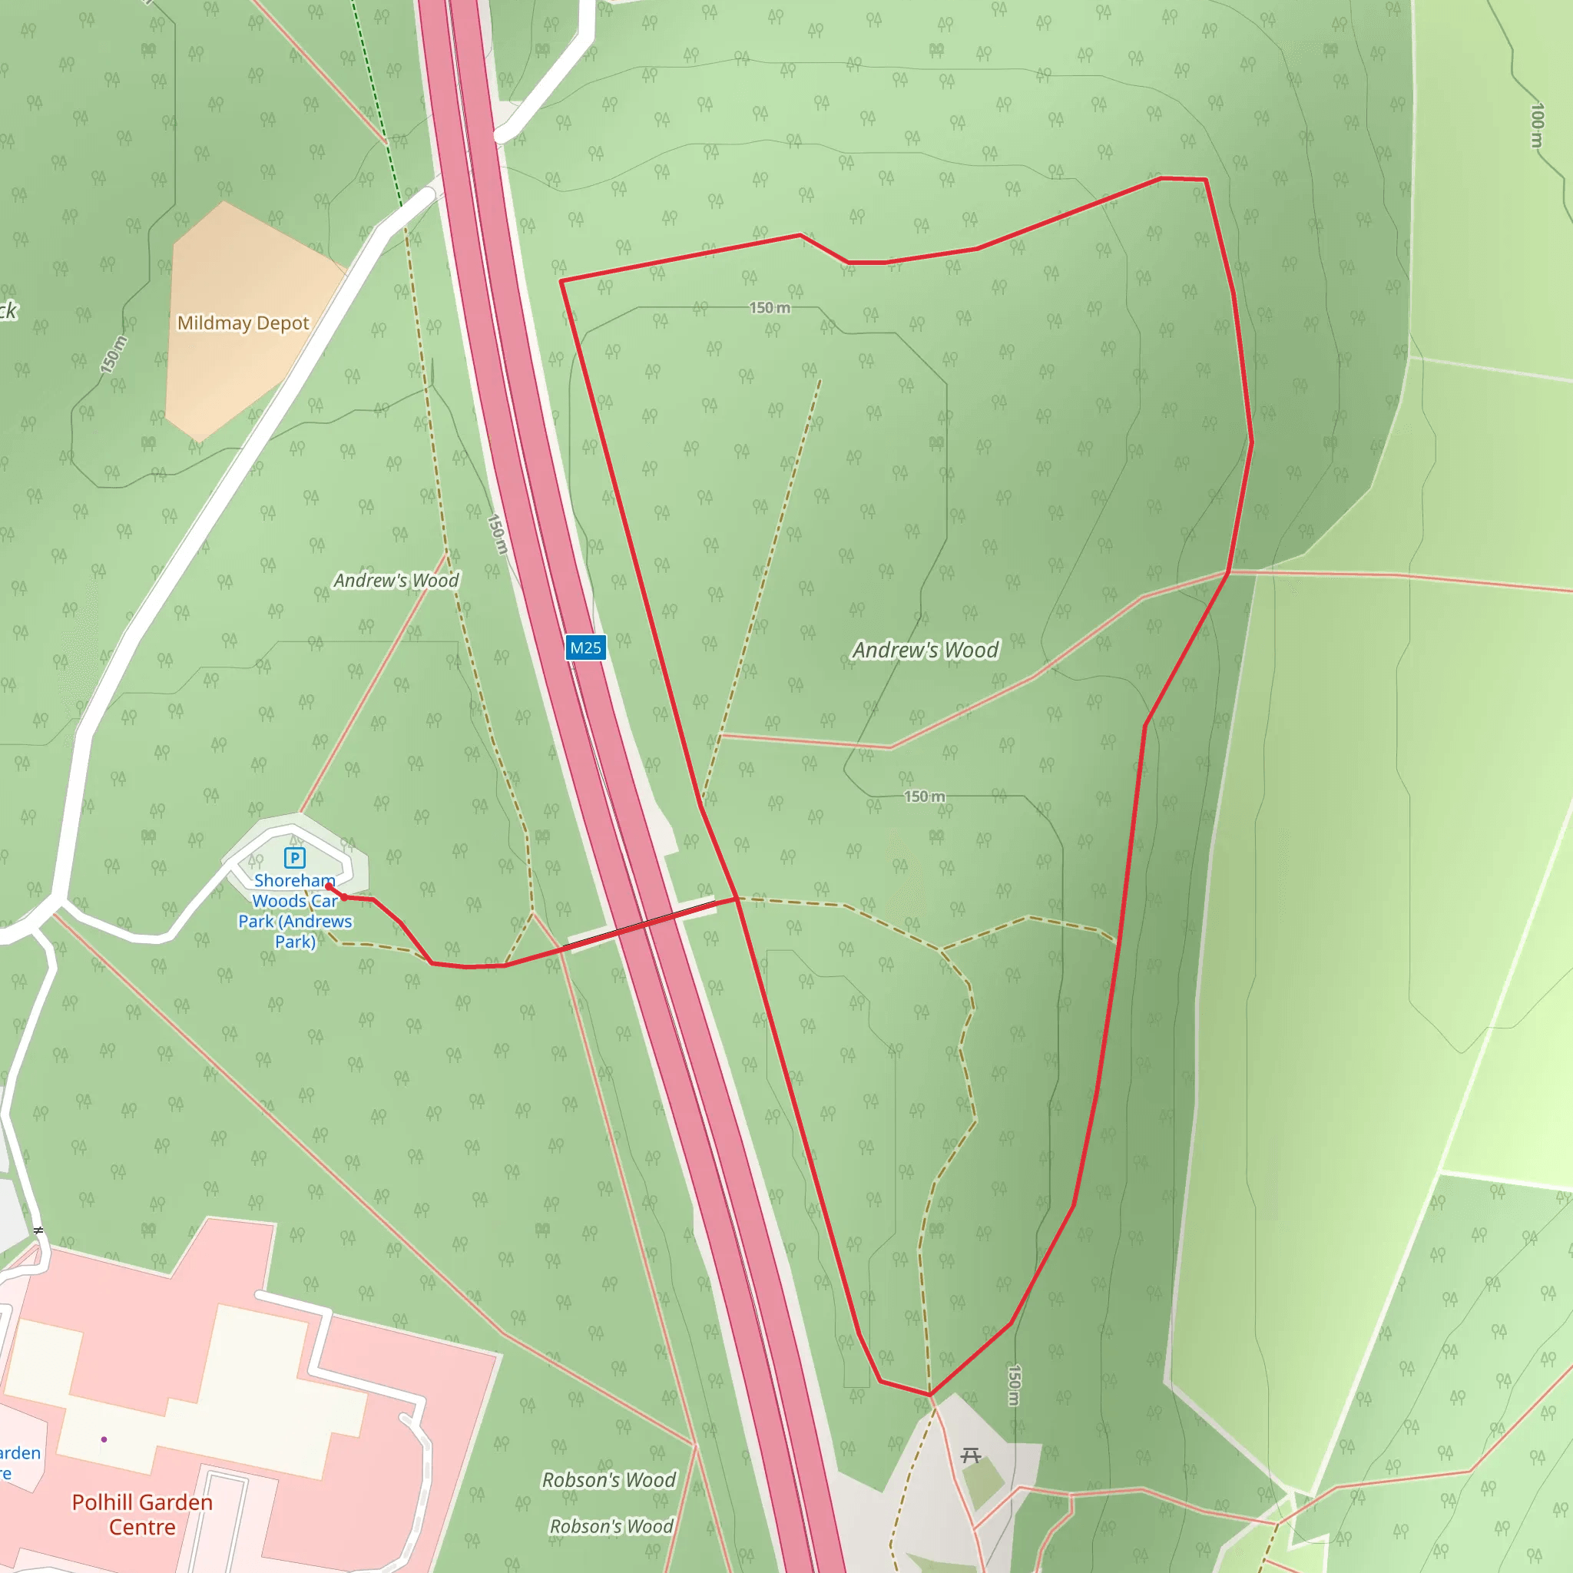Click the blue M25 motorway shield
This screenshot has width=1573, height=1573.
pyautogui.click(x=585, y=648)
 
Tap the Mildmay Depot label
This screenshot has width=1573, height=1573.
pyautogui.click(x=243, y=323)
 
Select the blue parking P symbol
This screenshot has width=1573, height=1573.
pyautogui.click(x=295, y=857)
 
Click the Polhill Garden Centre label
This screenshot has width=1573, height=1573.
pyautogui.click(x=143, y=1514)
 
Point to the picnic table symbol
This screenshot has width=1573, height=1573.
pyautogui.click(x=971, y=1455)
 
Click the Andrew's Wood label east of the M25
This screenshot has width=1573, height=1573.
pyautogui.click(x=926, y=650)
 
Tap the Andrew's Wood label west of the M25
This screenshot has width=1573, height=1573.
pyautogui.click(x=396, y=581)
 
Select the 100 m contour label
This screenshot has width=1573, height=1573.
pyautogui.click(x=1536, y=125)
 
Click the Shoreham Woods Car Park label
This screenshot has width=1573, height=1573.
pyautogui.click(x=295, y=911)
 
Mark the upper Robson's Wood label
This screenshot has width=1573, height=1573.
pyautogui.click(x=609, y=1479)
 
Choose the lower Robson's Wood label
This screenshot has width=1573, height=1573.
pyautogui.click(x=611, y=1526)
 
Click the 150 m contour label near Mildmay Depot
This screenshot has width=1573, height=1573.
pyautogui.click(x=113, y=354)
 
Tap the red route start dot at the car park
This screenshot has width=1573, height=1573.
pyautogui.click(x=329, y=886)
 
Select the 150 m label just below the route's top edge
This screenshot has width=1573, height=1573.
pyautogui.click(x=770, y=308)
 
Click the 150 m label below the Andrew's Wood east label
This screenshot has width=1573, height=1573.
pyautogui.click(x=925, y=796)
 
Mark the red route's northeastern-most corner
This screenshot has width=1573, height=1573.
pyautogui.click(x=1205, y=179)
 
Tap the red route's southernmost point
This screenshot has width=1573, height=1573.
pyautogui.click(x=930, y=1395)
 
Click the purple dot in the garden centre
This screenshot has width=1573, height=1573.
pyautogui.click(x=104, y=1439)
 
